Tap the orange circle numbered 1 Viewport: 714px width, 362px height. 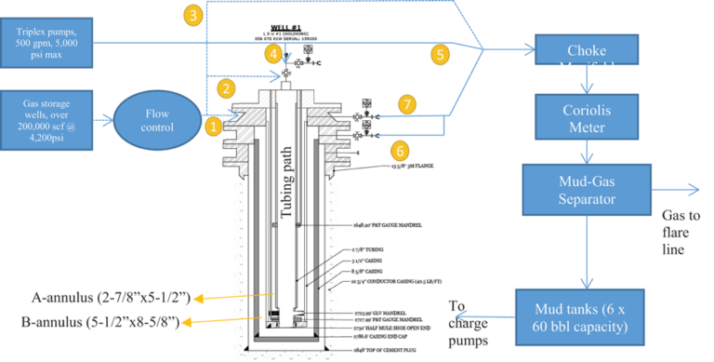213,125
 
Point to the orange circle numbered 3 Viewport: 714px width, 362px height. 192,15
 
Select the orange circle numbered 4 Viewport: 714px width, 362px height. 273,54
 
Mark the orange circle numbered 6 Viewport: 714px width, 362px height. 399,149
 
